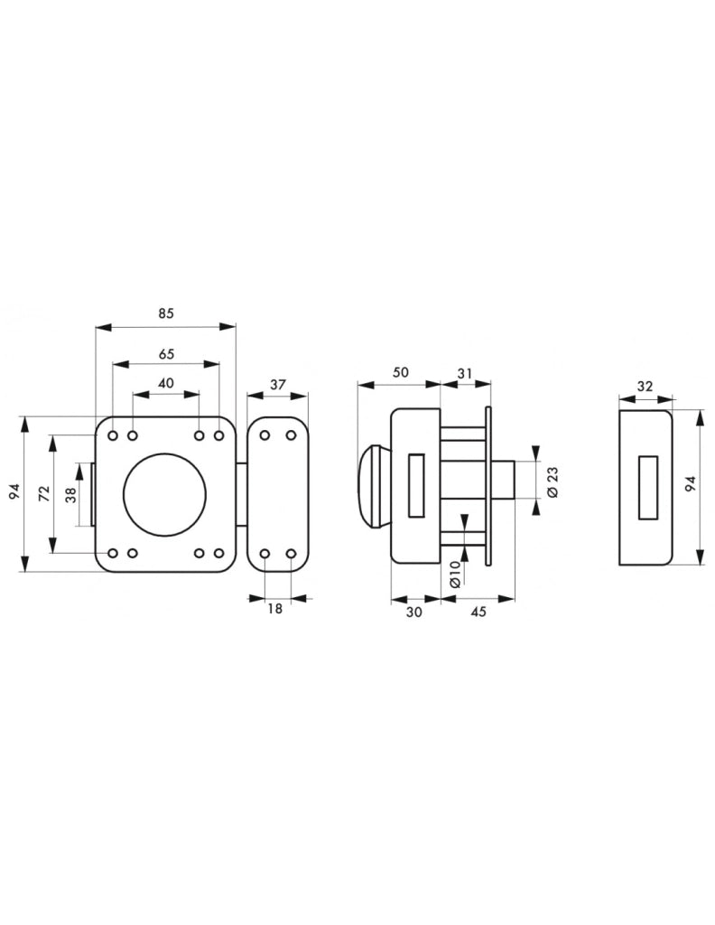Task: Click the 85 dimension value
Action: [x=166, y=313]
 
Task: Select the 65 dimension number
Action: [x=166, y=354]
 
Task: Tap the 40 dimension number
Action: [x=166, y=383]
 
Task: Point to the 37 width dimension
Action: [x=278, y=385]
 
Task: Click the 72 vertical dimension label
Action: [x=43, y=493]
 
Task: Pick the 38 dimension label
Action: [x=71, y=494]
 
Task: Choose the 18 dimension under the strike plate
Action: [x=275, y=608]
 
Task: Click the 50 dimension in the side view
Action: [x=400, y=372]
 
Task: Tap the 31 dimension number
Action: [x=465, y=373]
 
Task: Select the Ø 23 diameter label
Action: [x=552, y=482]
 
